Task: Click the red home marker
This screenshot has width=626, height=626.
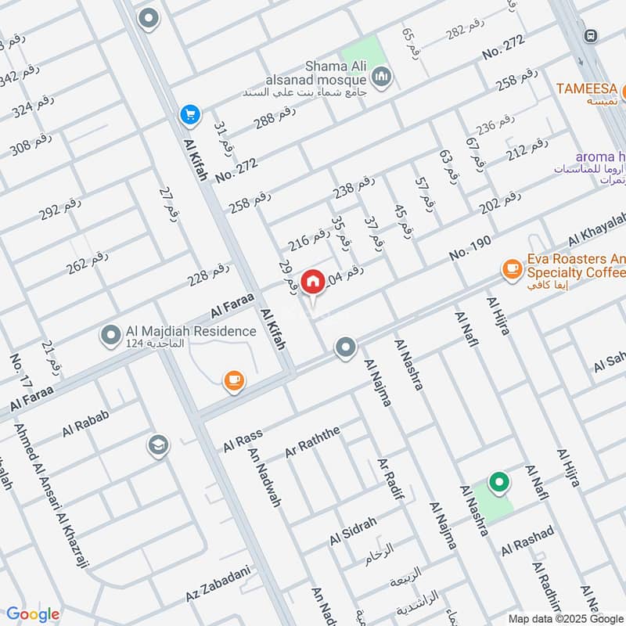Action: coord(313,281)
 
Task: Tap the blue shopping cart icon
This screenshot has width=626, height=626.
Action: coord(189,115)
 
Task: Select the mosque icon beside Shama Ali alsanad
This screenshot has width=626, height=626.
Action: coord(381,76)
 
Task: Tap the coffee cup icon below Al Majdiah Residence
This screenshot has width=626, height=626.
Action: coord(233,381)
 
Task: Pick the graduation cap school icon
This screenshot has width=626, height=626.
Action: coord(158,445)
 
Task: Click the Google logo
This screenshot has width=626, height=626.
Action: coord(32,614)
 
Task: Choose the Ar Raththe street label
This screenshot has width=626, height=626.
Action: coord(312,442)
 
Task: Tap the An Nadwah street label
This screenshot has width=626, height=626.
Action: coord(264,477)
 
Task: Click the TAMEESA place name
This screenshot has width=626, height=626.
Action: coord(587,88)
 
